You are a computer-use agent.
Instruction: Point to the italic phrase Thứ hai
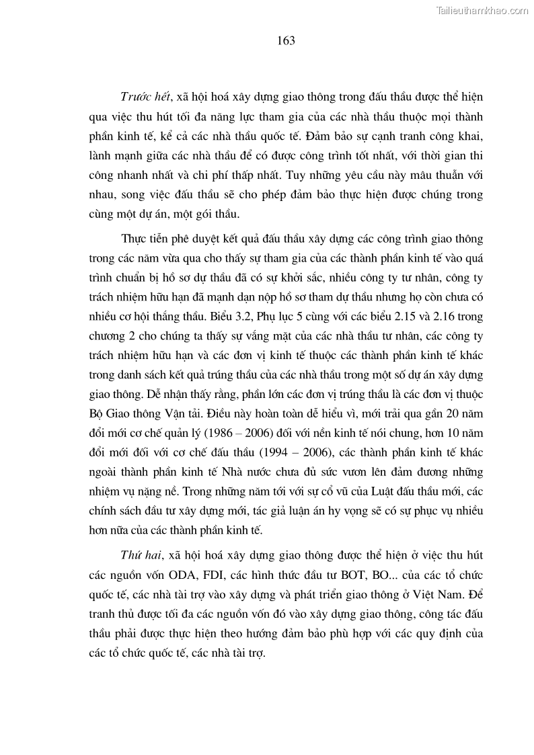pyautogui.click(x=137, y=557)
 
